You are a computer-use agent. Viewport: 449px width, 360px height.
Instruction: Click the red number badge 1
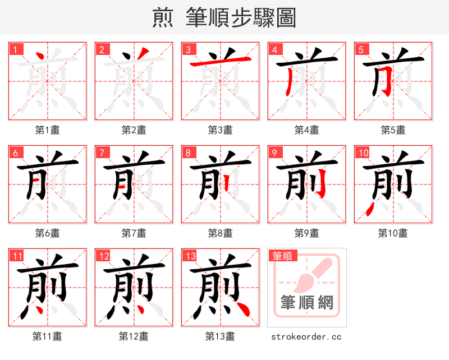click(15, 49)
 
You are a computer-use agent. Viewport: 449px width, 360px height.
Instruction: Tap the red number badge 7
click(102, 153)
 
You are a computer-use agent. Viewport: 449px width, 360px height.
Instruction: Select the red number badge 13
click(189, 256)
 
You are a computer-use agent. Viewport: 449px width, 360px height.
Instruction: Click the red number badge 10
click(363, 153)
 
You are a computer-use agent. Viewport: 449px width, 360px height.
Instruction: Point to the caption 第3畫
click(220, 130)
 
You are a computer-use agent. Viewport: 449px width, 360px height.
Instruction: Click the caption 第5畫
click(393, 130)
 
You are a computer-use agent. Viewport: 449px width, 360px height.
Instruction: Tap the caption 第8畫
click(220, 233)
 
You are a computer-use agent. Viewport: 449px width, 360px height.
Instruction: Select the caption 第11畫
click(47, 336)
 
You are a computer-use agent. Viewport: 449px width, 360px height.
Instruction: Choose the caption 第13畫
click(220, 336)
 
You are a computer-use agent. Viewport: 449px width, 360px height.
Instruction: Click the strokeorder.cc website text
click(306, 336)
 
